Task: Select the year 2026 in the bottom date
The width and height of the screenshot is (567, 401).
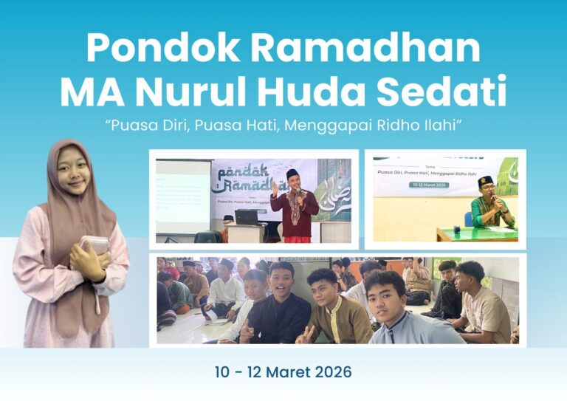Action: (328, 371)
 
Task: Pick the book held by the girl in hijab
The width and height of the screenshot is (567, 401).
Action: (94, 244)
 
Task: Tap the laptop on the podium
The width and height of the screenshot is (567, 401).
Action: (246, 217)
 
